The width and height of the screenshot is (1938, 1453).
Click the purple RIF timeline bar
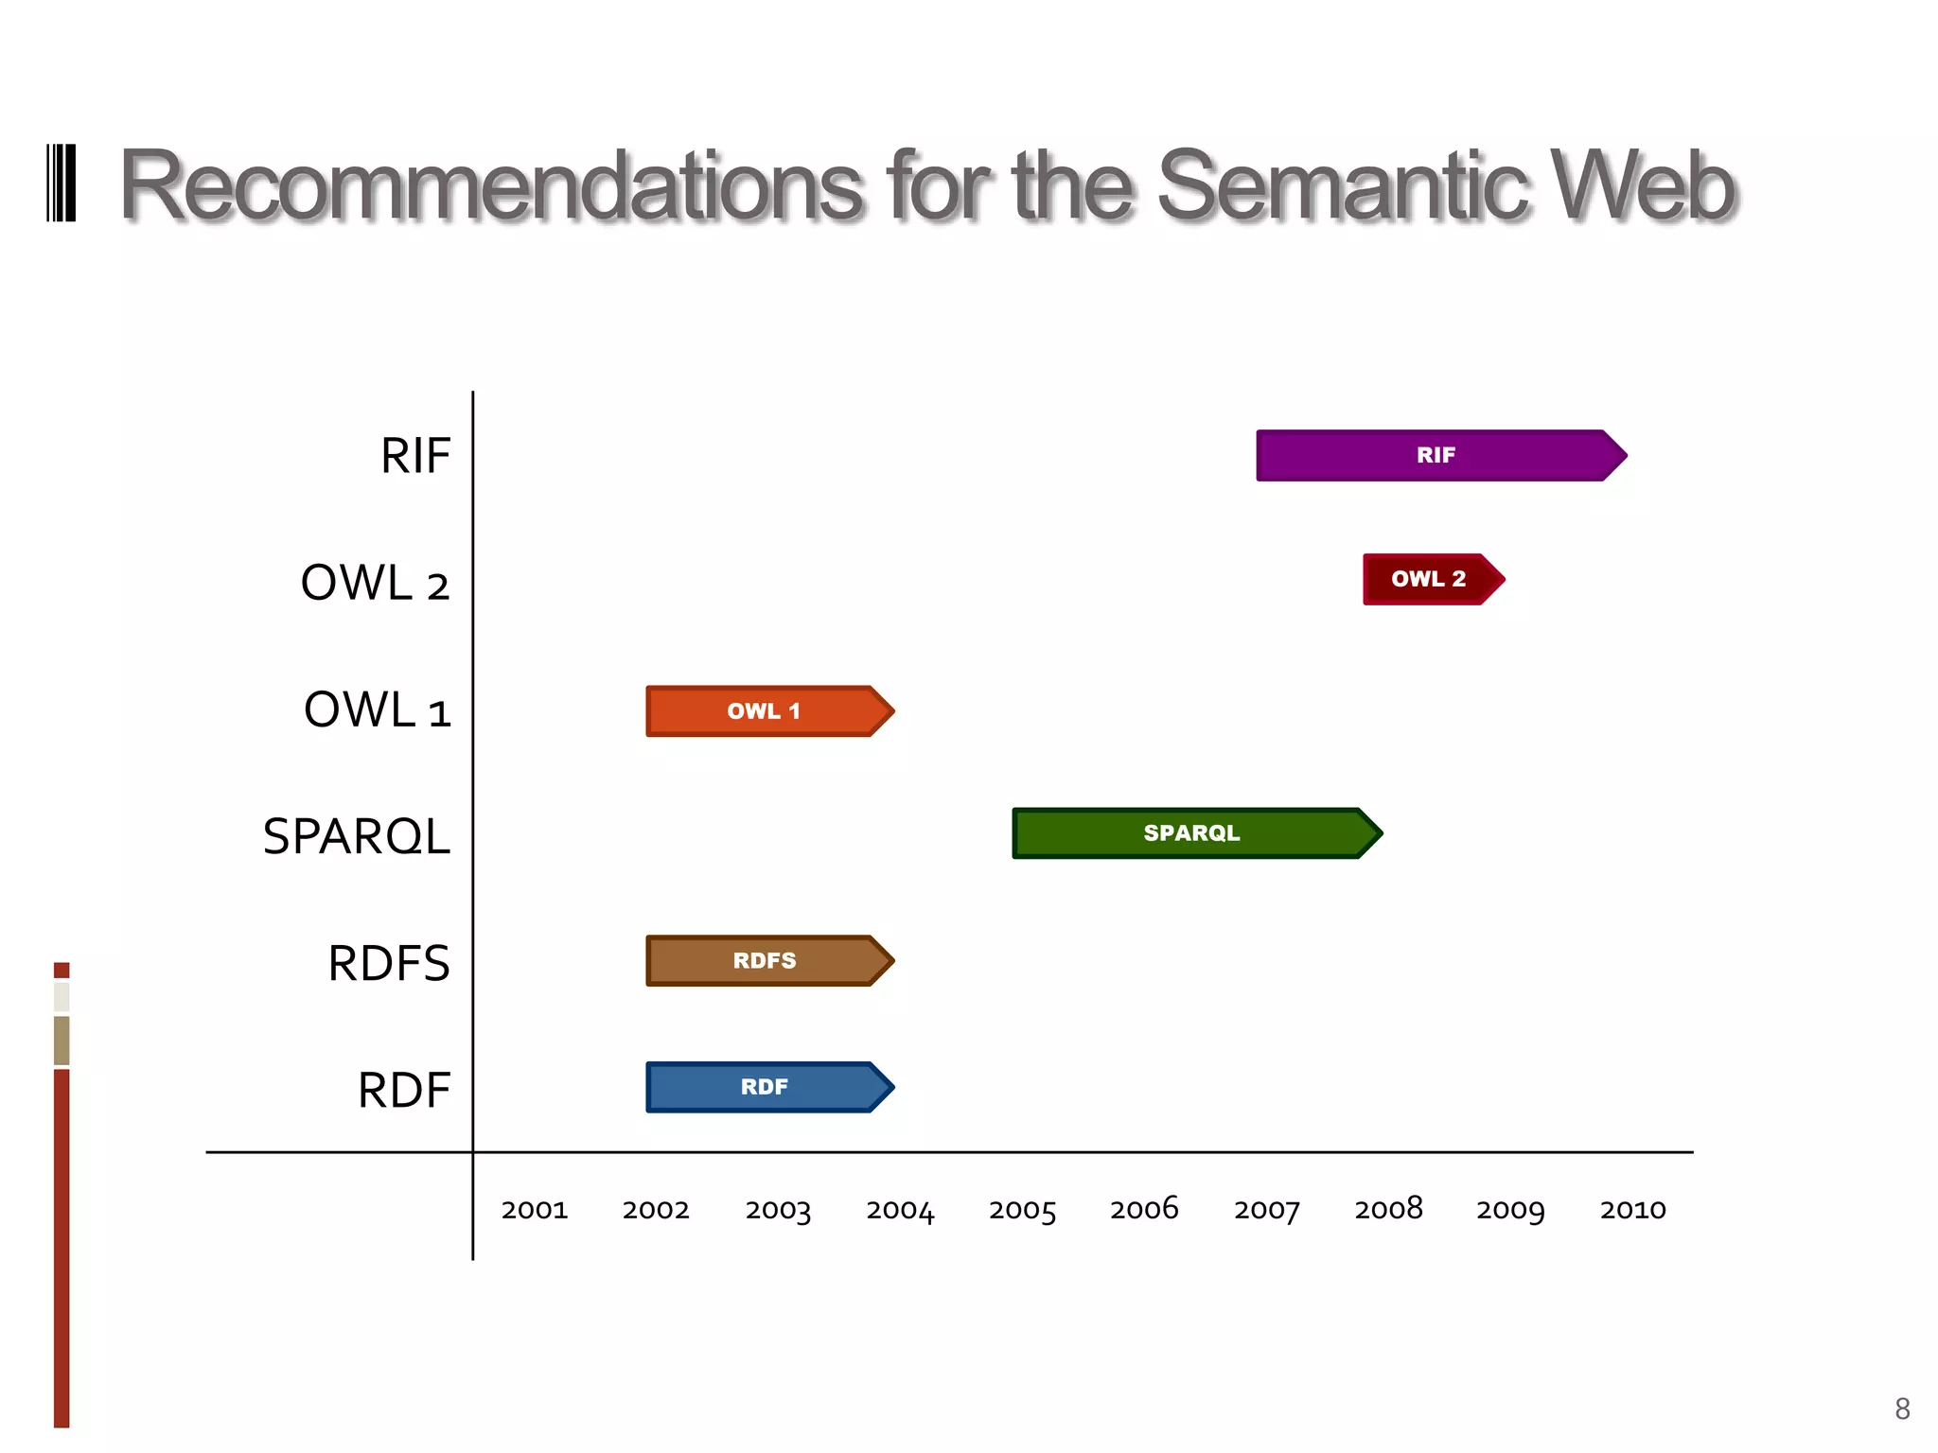[1438, 456]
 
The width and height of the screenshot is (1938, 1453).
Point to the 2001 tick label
[535, 1210]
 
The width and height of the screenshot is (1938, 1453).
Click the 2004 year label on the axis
[900, 1210]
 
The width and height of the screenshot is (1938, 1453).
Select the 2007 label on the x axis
[1267, 1210]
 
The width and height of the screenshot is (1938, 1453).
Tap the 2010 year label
[1633, 1210]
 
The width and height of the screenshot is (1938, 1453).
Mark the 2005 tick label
[1022, 1210]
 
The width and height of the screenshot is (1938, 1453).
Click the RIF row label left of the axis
[415, 456]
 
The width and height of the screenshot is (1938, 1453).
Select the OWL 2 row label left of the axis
[375, 583]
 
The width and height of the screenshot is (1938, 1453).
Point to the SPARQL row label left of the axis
[357, 836]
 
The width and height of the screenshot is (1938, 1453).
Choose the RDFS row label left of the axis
[389, 963]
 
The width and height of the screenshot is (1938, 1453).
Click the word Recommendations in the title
[491, 186]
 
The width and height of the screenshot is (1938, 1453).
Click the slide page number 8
[1902, 1409]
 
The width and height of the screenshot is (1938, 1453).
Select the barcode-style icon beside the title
[62, 184]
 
